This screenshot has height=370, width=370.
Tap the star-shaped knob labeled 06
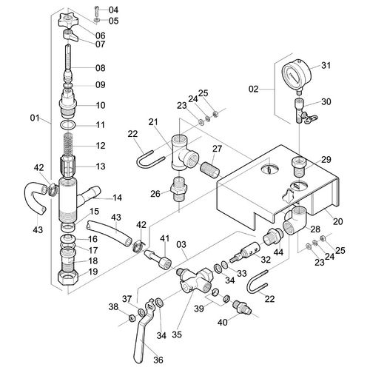(68, 21)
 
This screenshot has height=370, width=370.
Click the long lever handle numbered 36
(144, 332)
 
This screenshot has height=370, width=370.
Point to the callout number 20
(338, 221)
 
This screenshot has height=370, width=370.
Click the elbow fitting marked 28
(295, 221)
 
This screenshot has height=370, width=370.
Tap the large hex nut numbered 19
(67, 278)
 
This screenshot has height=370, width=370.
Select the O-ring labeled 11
(67, 125)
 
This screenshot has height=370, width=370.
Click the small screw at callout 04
(96, 10)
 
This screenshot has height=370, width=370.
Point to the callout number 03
(181, 244)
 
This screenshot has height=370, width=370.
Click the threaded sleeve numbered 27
(209, 169)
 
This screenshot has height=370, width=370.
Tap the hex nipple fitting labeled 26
(179, 189)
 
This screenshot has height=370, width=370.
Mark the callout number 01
(35, 118)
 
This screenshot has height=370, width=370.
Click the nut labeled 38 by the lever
(132, 317)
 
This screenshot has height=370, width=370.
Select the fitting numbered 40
(242, 307)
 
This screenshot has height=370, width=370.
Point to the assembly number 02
(253, 89)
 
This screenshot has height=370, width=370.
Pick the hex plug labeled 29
(299, 166)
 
